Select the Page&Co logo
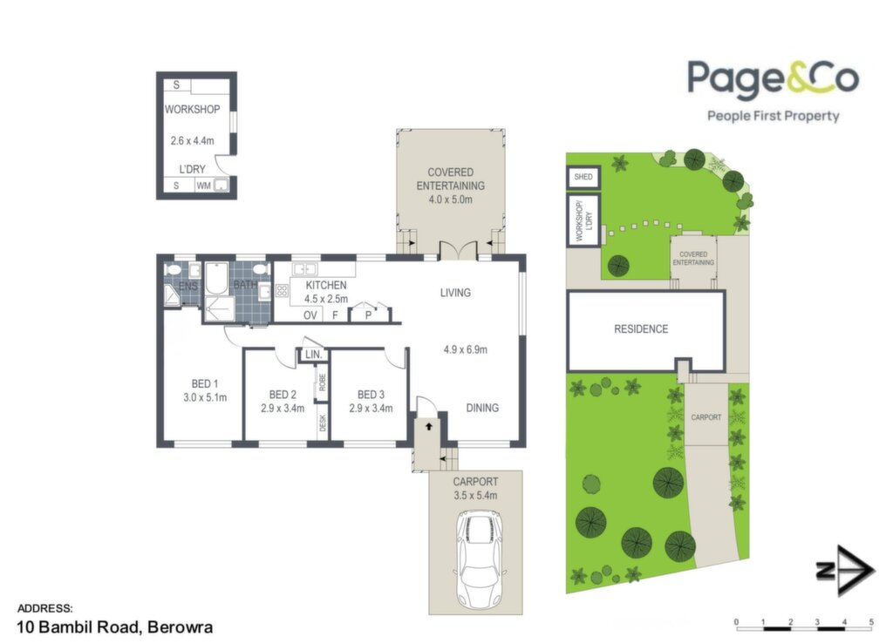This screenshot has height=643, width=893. [774, 90]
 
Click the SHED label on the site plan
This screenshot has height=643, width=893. [583, 177]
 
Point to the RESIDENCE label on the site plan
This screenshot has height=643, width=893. [641, 328]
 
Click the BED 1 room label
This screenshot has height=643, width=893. [204, 384]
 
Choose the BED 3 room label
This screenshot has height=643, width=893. [371, 395]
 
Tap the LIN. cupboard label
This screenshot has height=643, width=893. [314, 355]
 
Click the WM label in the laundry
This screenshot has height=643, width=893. [203, 186]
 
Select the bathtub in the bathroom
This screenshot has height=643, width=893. [216, 278]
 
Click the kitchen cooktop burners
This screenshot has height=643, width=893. [282, 291]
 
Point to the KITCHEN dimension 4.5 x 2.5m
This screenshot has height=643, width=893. [326, 299]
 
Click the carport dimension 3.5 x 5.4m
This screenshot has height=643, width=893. [475, 496]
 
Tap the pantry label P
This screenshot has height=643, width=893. [369, 315]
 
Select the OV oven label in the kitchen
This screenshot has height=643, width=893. [310, 315]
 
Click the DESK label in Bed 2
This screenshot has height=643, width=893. [323, 423]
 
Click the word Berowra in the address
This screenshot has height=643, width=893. [180, 627]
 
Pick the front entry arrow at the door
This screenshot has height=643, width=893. [429, 426]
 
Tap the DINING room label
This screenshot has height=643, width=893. [482, 408]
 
